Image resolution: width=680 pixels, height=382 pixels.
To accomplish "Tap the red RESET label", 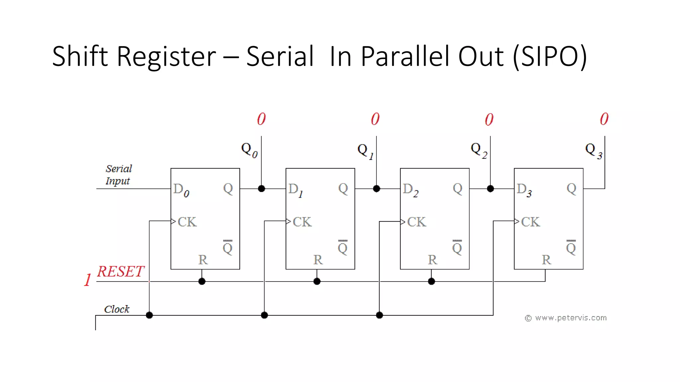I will pyautogui.click(x=121, y=272).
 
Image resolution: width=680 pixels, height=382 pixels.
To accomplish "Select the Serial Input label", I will pyautogui.click(x=119, y=175).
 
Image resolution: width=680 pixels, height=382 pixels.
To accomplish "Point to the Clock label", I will pyautogui.click(x=117, y=309).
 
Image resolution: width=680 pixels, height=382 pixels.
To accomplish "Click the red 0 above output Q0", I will pyautogui.click(x=261, y=119).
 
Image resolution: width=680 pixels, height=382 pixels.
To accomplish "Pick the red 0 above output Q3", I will pyautogui.click(x=604, y=119).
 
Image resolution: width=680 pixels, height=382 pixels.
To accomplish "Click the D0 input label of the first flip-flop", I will pyautogui.click(x=181, y=190).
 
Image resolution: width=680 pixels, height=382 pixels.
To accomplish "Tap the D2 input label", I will pyautogui.click(x=410, y=190).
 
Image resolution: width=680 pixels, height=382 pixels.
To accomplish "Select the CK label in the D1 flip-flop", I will pyautogui.click(x=302, y=222).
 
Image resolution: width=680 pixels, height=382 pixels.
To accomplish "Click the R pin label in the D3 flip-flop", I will pyautogui.click(x=546, y=260).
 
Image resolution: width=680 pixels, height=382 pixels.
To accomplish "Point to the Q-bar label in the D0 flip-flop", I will pyautogui.click(x=227, y=247).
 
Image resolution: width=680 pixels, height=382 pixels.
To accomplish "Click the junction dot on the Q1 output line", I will pyautogui.click(x=376, y=189).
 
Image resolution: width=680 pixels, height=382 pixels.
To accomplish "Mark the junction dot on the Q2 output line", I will pyautogui.click(x=490, y=189).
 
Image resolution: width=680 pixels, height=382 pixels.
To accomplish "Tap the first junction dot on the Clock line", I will pyautogui.click(x=149, y=315).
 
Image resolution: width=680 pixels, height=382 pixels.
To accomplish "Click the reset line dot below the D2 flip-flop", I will pyautogui.click(x=431, y=282).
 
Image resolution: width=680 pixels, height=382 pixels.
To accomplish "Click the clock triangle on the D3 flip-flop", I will pyautogui.click(x=517, y=222).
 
